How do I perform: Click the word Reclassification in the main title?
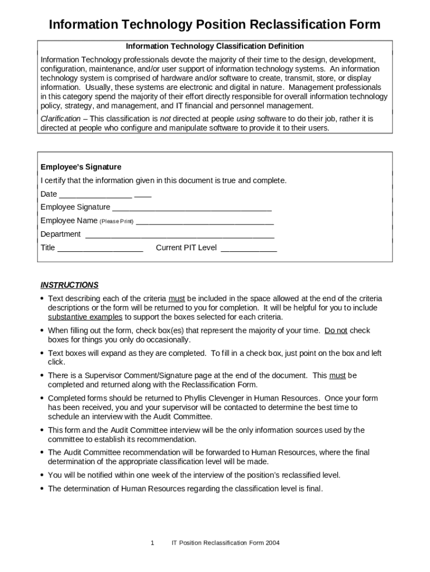click(x=294, y=25)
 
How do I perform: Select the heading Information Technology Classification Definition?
click(x=214, y=46)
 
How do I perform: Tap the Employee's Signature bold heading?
click(x=81, y=167)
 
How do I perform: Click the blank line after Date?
click(x=95, y=195)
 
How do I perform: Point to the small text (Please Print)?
click(x=116, y=222)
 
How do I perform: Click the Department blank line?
click(x=179, y=235)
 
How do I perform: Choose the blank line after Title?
click(x=100, y=249)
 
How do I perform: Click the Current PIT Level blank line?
click(x=249, y=249)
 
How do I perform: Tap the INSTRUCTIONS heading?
click(x=69, y=285)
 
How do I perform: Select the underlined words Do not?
click(x=336, y=331)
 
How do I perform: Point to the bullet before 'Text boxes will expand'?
click(x=42, y=354)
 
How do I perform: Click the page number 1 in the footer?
click(x=152, y=543)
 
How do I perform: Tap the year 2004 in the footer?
click(x=273, y=543)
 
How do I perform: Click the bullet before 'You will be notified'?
click(x=42, y=475)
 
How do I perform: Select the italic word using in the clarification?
click(x=245, y=119)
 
